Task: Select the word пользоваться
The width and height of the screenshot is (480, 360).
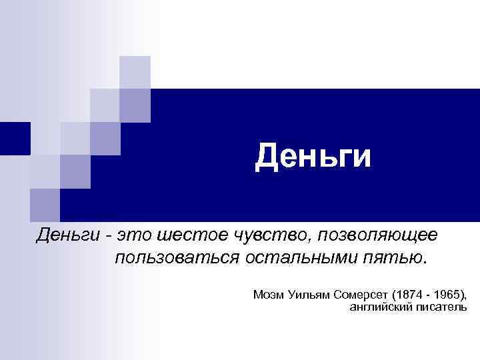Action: pos(172,258)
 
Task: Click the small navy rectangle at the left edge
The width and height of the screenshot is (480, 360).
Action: pos(15,139)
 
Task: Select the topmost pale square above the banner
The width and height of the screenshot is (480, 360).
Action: pos(135,72)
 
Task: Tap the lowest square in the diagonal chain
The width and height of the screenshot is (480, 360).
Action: pos(45,204)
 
